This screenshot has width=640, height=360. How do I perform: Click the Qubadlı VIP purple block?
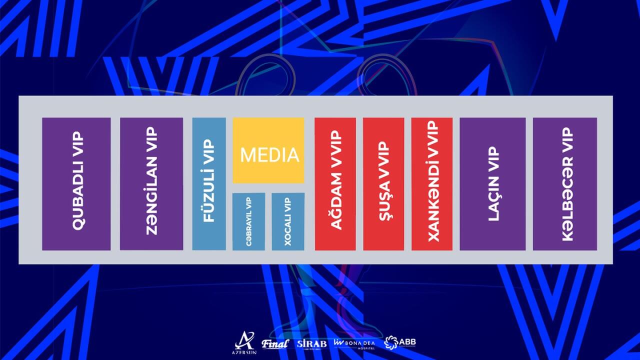76,183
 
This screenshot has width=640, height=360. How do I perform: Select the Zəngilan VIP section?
151,183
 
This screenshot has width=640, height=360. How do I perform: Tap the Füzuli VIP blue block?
209,183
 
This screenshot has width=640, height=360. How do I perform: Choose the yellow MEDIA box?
268,150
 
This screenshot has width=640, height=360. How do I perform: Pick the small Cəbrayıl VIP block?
248,221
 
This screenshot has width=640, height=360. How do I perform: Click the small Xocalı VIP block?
288,221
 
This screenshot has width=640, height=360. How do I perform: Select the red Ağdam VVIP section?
335,183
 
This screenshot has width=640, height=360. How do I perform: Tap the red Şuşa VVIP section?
383,183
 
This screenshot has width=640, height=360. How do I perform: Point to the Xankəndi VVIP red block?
432,183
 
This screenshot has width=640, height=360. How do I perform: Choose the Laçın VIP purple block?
492,183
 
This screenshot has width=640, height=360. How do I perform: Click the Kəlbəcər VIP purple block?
565,183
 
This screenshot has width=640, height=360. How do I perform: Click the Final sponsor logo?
275,343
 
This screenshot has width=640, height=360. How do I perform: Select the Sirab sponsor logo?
311,344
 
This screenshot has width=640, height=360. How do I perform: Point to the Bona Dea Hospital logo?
354,343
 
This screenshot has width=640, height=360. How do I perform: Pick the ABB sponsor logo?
400,342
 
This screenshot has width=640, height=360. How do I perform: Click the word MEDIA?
269,155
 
